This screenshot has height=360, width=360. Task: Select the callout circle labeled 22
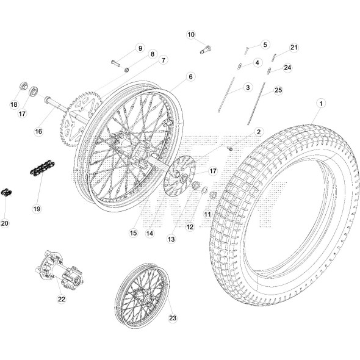pos(61,299)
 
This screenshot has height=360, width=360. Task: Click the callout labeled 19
pos(36,209)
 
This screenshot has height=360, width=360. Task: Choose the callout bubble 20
pos(5,223)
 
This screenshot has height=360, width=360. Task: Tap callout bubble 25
pos(278,91)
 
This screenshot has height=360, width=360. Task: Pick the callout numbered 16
pos(38,131)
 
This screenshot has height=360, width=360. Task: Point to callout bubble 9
pos(139,48)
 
